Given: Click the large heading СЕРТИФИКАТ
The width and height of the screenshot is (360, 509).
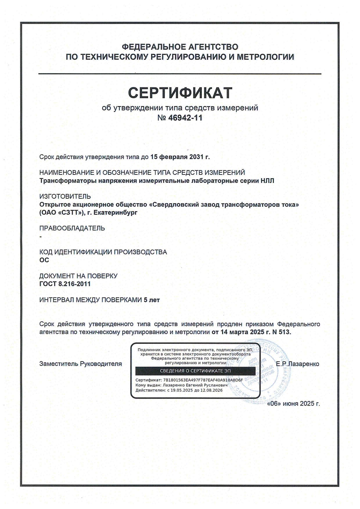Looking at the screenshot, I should pyautogui.click(x=180, y=93).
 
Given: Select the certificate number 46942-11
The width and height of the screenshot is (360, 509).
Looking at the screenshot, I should pyautogui.click(x=185, y=118).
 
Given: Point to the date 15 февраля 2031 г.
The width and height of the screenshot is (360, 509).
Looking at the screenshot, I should pyautogui.click(x=180, y=157).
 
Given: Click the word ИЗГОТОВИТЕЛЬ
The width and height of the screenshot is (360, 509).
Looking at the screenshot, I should pyautogui.click(x=65, y=197).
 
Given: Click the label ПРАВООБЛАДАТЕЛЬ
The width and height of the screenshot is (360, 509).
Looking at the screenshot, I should pyautogui.click(x=72, y=228).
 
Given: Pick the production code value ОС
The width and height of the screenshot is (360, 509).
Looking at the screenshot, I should pyautogui.click(x=44, y=260).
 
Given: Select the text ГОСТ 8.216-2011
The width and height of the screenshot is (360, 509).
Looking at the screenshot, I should pyautogui.click(x=65, y=284).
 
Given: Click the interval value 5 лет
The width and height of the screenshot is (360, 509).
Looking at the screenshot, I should pyautogui.click(x=152, y=300).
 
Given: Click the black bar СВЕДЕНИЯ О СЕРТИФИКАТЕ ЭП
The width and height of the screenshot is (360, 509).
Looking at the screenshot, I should pyautogui.click(x=195, y=371).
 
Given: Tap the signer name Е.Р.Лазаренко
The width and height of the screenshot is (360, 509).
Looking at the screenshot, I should pyautogui.click(x=297, y=364).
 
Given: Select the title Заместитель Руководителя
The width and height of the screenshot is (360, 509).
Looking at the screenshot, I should pyautogui.click(x=80, y=364).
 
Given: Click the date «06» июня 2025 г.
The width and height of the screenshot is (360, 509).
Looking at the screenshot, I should pyautogui.click(x=293, y=404).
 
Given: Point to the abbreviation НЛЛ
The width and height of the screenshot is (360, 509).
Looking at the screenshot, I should pyautogui.click(x=267, y=181).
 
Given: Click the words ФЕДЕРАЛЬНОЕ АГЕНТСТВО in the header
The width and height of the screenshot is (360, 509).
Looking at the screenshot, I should pyautogui.click(x=180, y=47).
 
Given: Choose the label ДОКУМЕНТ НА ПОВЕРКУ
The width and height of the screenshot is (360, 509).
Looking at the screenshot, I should pyautogui.click(x=78, y=276).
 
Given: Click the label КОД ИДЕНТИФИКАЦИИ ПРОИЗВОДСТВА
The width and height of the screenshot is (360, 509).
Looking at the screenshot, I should pyautogui.click(x=103, y=252).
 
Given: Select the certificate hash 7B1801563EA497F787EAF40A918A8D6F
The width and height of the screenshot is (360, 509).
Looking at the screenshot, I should pyautogui.click(x=203, y=380).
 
